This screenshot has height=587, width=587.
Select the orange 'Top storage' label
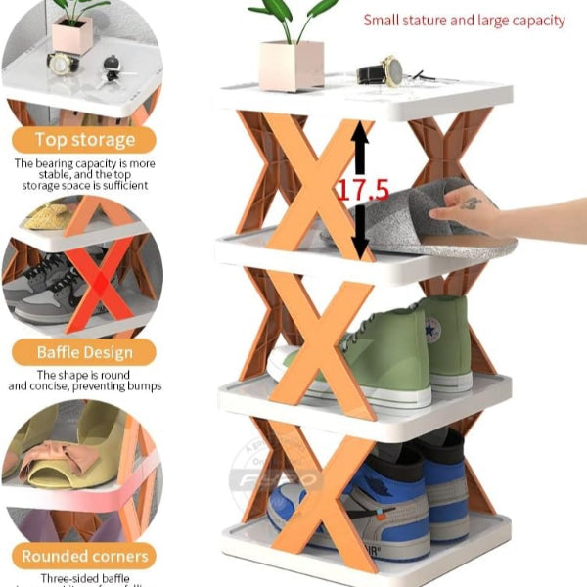[85, 139]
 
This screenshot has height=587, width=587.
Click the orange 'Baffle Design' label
[85, 351]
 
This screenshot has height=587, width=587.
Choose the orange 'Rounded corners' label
[85, 556]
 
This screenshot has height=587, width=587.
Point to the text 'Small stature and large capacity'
[464, 20]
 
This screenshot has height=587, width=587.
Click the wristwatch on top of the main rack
[382, 71]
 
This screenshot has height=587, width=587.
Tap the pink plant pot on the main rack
[291, 66]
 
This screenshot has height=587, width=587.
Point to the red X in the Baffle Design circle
[98, 284]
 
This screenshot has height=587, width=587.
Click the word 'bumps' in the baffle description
[142, 385]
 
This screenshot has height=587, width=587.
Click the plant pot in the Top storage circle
[72, 34]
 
